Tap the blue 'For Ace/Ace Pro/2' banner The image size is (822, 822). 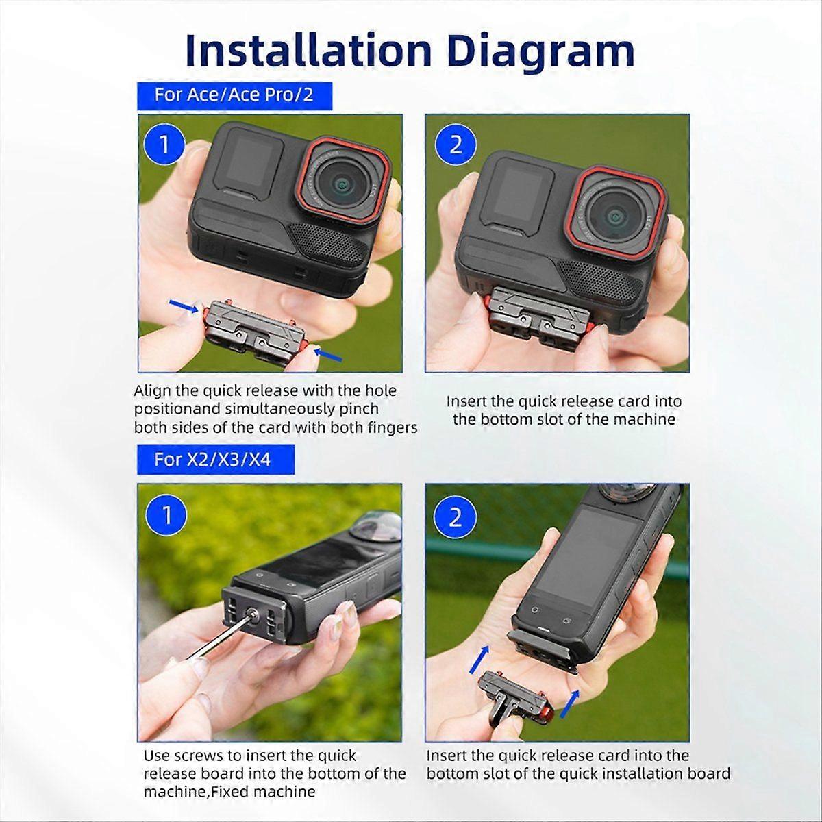[234, 95]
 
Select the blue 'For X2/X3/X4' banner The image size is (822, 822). [216, 460]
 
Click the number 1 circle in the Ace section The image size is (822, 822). [164, 145]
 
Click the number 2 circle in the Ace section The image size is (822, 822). [456, 145]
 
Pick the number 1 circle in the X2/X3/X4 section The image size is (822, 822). [166, 515]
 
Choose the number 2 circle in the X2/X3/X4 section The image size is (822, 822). [455, 517]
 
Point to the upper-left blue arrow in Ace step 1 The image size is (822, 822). [184, 306]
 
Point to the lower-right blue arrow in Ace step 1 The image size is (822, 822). [327, 354]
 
